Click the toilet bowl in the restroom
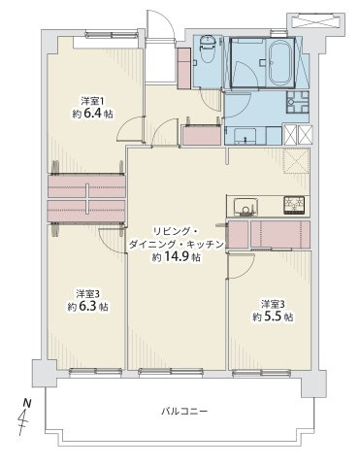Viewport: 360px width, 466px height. [x=208, y=50]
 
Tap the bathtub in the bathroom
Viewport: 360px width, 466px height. [x=280, y=62]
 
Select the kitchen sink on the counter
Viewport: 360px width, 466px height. [x=246, y=207]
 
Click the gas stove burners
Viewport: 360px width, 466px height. [x=294, y=205]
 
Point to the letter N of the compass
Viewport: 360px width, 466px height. [x=27, y=403]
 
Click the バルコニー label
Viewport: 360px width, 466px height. [x=184, y=412]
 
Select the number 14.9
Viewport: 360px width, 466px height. [x=178, y=256]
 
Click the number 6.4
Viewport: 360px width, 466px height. [x=92, y=114]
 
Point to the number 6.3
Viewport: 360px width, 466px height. [x=87, y=306]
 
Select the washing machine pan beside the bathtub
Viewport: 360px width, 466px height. [x=298, y=102]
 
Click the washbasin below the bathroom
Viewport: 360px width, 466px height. [x=245, y=135]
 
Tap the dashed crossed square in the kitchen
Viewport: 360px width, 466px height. [x=297, y=161]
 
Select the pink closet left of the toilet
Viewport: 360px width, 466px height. [x=184, y=68]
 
